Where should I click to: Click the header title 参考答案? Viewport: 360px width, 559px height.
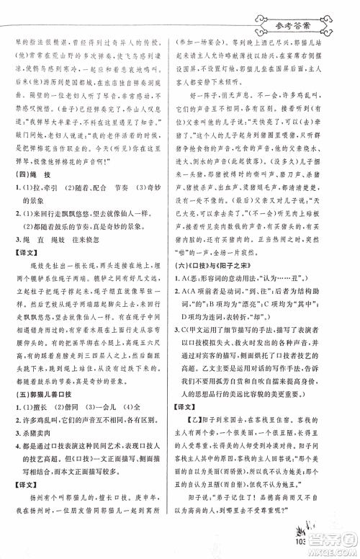click(x=295, y=30)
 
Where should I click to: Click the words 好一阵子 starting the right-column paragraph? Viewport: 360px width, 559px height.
click(x=212, y=114)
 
